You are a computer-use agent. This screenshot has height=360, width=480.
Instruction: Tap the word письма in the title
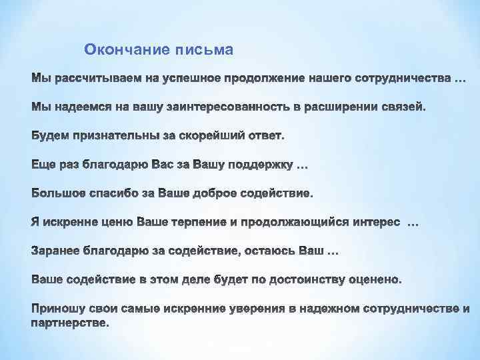204,49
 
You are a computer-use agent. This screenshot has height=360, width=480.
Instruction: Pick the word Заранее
56,252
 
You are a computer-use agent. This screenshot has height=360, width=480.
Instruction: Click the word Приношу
57,309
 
